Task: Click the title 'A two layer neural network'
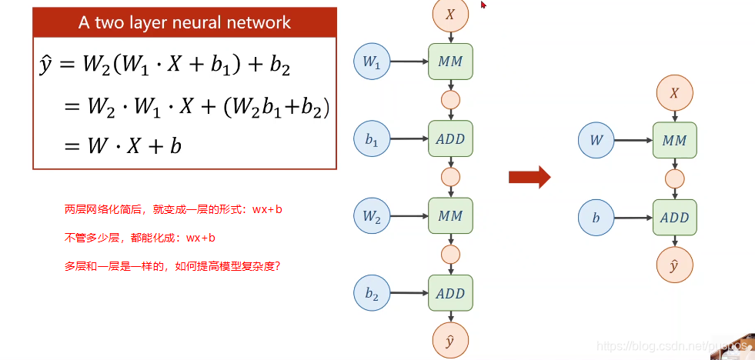185,22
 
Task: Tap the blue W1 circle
372,63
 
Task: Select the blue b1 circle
372,139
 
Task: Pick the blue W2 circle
372,216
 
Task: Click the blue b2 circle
372,293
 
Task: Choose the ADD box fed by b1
450,139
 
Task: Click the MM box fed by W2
450,216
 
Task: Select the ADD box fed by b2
450,293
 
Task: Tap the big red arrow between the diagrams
530,177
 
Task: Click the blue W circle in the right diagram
597,141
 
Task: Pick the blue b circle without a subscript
597,218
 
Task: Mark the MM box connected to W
675,141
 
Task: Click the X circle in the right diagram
675,93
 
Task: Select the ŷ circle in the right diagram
675,265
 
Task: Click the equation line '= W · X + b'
122,145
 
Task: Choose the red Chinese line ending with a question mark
172,266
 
